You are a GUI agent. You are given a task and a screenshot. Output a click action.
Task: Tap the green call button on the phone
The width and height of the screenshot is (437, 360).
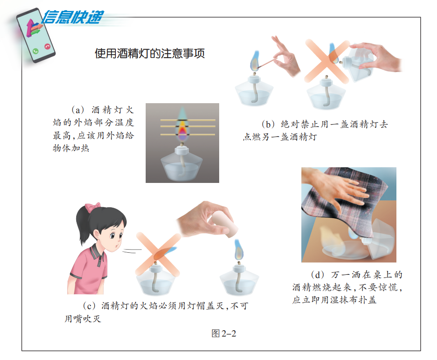35,51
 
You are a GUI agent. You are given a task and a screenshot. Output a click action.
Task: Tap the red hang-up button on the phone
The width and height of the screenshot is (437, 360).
47,46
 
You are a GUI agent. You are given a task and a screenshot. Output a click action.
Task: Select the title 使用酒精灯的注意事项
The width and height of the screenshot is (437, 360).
150,53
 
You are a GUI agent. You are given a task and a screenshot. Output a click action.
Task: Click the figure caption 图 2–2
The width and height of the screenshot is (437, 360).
224,333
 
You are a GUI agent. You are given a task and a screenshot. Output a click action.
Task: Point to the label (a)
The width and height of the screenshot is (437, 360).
78,110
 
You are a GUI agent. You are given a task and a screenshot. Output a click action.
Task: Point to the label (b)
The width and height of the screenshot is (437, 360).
268,124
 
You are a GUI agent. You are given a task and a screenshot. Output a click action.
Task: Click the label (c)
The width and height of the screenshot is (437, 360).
89,306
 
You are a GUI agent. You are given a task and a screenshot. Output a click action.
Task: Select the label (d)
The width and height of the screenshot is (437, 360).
317,275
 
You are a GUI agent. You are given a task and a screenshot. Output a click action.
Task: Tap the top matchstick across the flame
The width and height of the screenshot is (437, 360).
188,120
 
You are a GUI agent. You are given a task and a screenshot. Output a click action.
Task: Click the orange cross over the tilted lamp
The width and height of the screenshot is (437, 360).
327,62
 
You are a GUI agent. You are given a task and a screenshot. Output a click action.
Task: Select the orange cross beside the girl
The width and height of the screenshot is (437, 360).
158,254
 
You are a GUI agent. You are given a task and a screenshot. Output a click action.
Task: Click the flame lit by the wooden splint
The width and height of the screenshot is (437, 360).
254,61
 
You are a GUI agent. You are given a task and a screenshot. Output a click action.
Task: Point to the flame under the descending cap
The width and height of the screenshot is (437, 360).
239,250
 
